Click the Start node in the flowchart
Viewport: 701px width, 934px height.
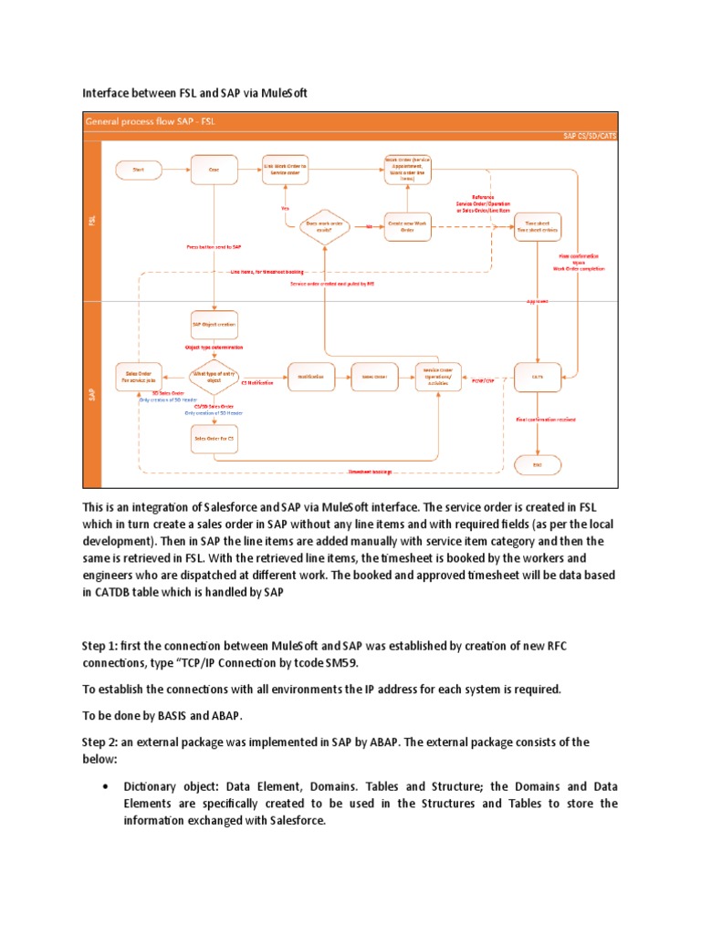[x=138, y=169]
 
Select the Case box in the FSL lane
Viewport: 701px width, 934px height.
[x=214, y=169]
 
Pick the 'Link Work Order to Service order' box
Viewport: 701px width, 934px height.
[x=286, y=169]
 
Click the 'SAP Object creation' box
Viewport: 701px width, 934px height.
[x=214, y=324]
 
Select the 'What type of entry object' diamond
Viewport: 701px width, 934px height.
[x=214, y=376]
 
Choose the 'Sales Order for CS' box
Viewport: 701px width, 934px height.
[x=214, y=439]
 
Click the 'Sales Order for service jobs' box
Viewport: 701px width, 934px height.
[x=139, y=376]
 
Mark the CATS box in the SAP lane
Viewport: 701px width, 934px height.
[x=538, y=376]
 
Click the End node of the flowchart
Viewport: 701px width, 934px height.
[x=538, y=464]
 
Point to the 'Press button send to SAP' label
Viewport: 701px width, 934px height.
[x=214, y=247]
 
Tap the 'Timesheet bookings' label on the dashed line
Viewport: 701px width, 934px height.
[x=370, y=472]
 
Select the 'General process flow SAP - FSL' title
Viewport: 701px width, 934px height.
[x=151, y=120]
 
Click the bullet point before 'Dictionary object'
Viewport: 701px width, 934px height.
[x=109, y=785]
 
